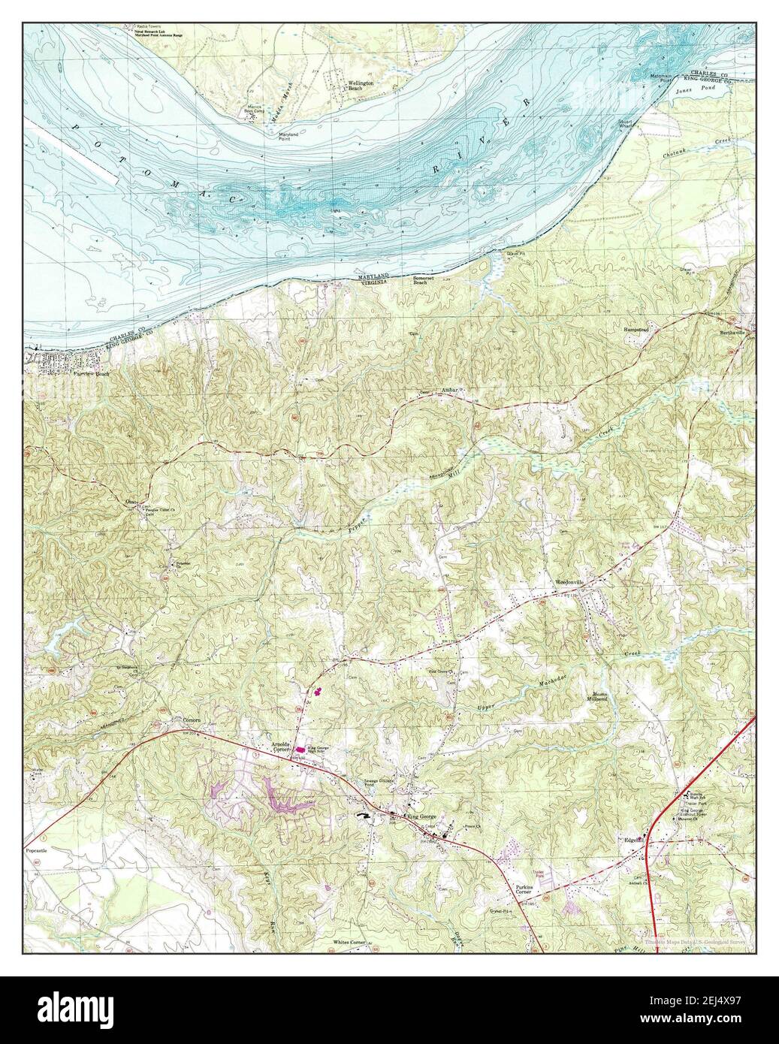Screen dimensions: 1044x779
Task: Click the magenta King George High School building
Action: (x=300, y=750)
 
